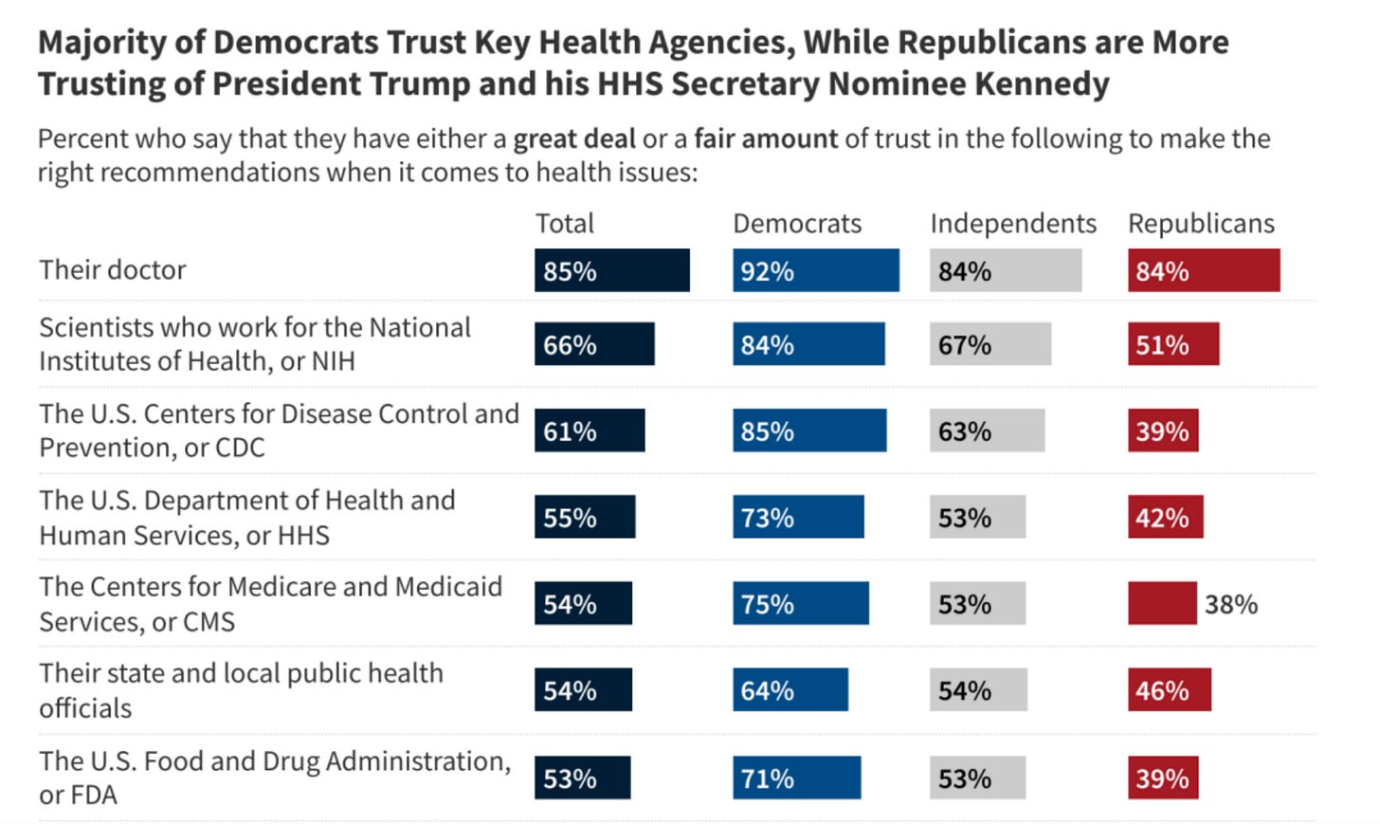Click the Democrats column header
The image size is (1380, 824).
pyautogui.click(x=797, y=224)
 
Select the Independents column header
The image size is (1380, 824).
pyautogui.click(x=1012, y=224)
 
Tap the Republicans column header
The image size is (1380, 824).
pyautogui.click(x=1201, y=224)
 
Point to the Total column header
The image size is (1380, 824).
pyautogui.click(x=565, y=224)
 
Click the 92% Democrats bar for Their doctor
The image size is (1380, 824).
pyautogui.click(x=815, y=270)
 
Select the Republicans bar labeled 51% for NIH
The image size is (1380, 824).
pyautogui.click(x=1173, y=344)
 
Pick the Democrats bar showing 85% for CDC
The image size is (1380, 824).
pyautogui.click(x=809, y=430)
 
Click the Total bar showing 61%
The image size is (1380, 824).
pyautogui.click(x=590, y=430)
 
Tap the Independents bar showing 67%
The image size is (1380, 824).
pyautogui.click(x=990, y=344)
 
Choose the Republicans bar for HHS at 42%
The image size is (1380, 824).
pyautogui.click(x=1165, y=517)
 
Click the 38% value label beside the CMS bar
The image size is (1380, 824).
pyautogui.click(x=1231, y=604)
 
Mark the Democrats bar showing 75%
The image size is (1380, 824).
pyautogui.click(x=800, y=604)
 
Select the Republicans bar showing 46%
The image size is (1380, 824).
pyautogui.click(x=1169, y=690)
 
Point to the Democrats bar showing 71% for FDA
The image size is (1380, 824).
pyautogui.click(x=796, y=778)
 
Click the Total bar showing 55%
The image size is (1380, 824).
pyautogui.click(x=585, y=517)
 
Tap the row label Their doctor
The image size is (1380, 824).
pyautogui.click(x=113, y=270)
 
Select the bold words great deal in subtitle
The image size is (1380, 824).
pyautogui.click(x=574, y=139)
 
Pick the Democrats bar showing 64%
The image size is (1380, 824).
pyautogui.click(x=790, y=690)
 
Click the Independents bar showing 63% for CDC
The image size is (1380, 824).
pyautogui.click(x=987, y=430)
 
